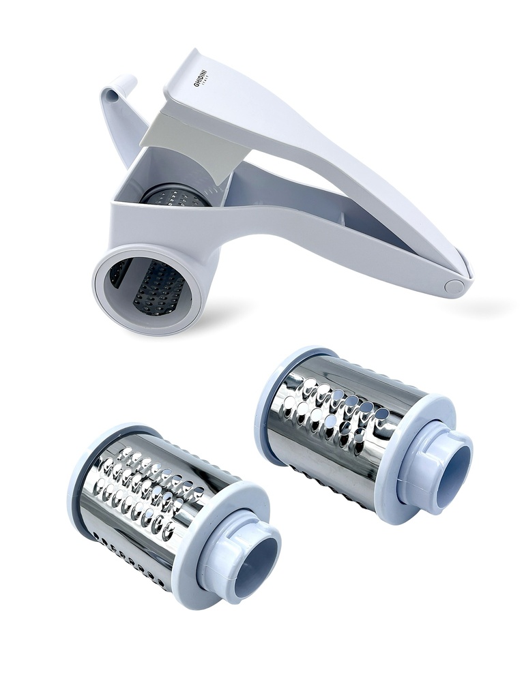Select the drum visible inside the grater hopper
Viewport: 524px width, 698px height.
[x=174, y=197]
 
